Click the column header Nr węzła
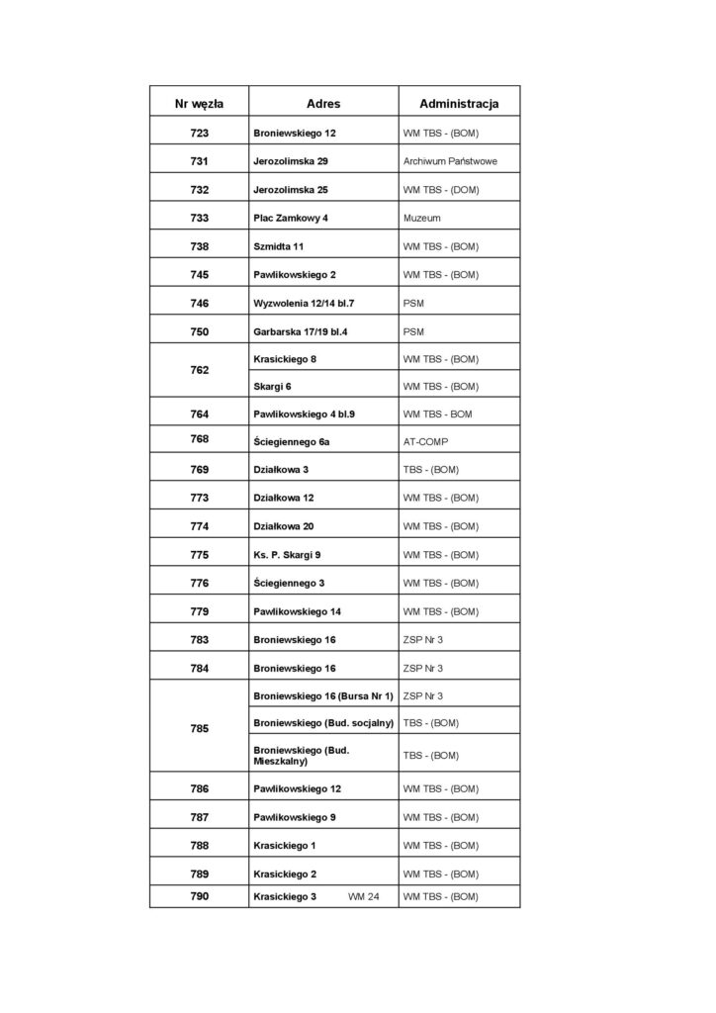click(x=199, y=103)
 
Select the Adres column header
click(x=323, y=103)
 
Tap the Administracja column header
click(x=459, y=103)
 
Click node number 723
click(x=199, y=133)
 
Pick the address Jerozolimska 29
click(x=291, y=161)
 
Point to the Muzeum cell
click(x=422, y=218)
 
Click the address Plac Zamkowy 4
click(x=291, y=218)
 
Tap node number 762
click(x=199, y=371)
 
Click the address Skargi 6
click(x=272, y=386)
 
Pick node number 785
click(x=199, y=728)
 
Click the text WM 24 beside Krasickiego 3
click(x=364, y=896)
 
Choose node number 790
click(x=199, y=896)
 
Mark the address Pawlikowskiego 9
click(x=296, y=817)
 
